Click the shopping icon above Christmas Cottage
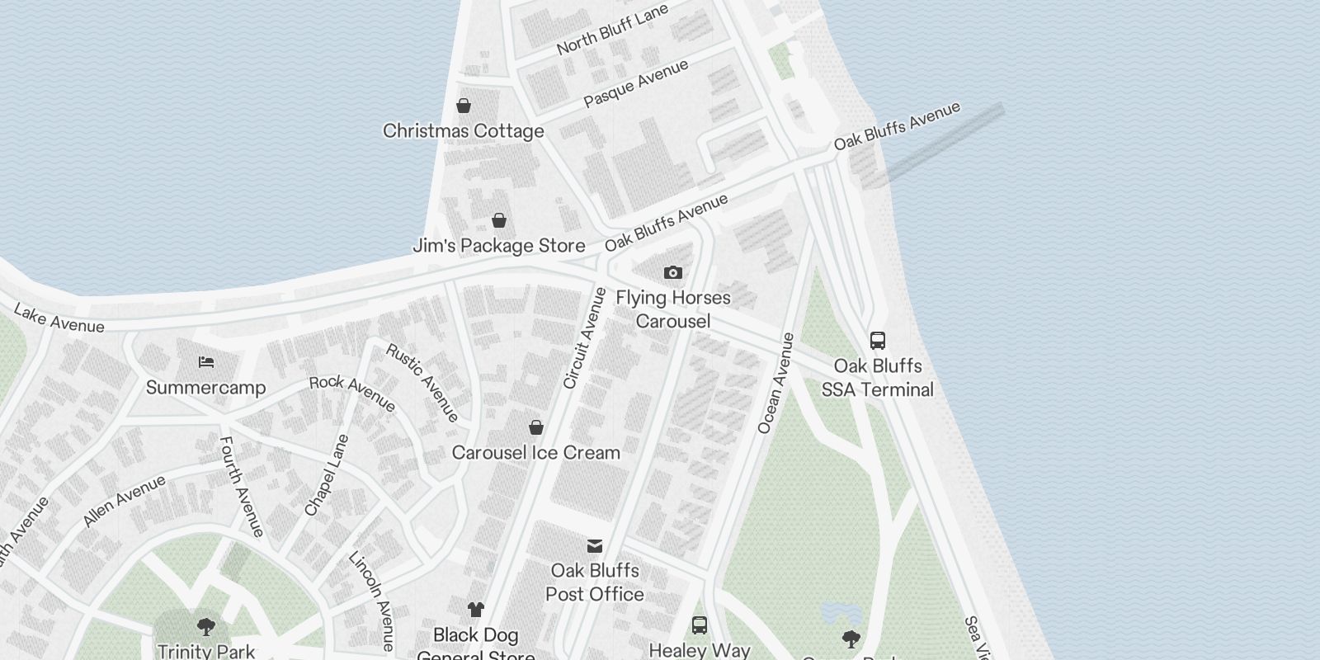click(x=464, y=106)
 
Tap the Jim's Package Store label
click(x=499, y=246)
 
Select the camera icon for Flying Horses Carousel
click(x=673, y=272)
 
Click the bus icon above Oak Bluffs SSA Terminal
click(x=878, y=340)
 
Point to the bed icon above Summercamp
click(x=206, y=362)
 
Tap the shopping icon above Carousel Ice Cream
click(x=536, y=427)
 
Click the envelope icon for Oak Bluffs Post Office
click(x=595, y=545)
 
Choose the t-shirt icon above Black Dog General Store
click(x=476, y=610)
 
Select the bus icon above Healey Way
click(x=700, y=625)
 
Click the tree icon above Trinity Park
click(x=206, y=627)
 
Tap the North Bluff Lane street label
click(x=612, y=30)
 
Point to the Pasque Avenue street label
click(x=635, y=84)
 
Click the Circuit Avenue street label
click(x=584, y=338)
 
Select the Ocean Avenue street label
click(x=775, y=383)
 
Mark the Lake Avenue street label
click(x=59, y=319)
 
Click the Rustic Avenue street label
click(x=422, y=382)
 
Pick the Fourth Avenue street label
click(x=241, y=487)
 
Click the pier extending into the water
click(x=945, y=143)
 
